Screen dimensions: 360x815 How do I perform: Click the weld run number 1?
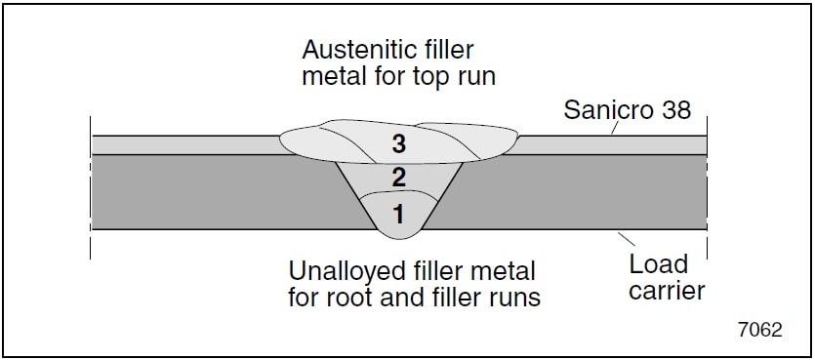397,211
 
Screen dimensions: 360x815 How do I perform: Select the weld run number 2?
397,178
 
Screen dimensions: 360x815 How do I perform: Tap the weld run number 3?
397,144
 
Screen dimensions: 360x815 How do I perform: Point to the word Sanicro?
602,110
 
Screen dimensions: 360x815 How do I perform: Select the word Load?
659,264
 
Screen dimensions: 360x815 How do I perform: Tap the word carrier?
668,290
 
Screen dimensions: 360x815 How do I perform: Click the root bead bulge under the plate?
398,232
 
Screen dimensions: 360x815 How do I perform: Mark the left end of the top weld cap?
280,142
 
